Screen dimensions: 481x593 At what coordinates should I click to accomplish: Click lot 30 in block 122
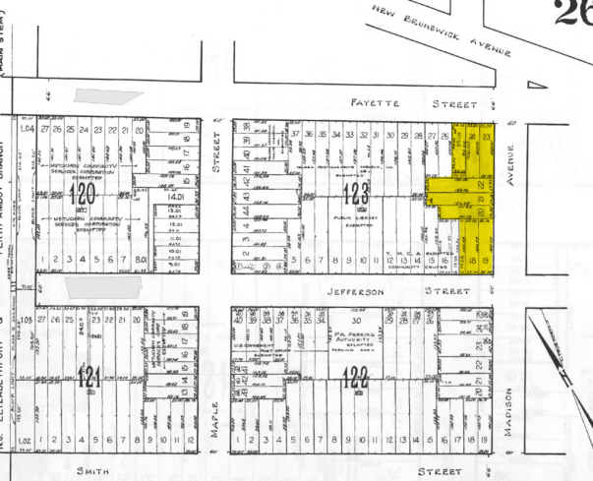(x=360, y=321)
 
